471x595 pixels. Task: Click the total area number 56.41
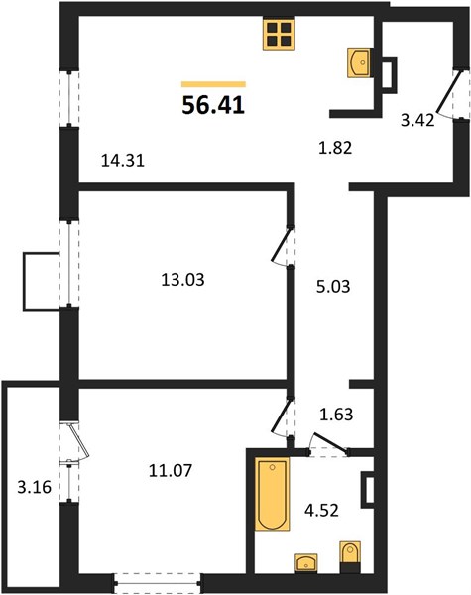(213, 105)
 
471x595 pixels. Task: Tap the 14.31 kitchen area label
(123, 161)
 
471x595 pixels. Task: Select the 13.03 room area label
(182, 280)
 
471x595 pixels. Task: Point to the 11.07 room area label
(171, 471)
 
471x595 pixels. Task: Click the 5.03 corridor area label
(333, 287)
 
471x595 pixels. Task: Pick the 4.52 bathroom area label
(321, 510)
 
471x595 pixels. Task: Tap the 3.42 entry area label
(417, 121)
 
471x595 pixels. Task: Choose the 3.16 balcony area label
(34, 487)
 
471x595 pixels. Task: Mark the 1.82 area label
(335, 148)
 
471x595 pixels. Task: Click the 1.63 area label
(336, 415)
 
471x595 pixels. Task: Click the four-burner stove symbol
(279, 35)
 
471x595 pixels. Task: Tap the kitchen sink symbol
(359, 62)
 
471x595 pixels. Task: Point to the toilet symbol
(350, 557)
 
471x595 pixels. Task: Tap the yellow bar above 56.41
(213, 84)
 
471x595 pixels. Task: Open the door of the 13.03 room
(280, 245)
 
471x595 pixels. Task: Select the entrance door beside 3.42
(449, 94)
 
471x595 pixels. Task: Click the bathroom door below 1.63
(328, 442)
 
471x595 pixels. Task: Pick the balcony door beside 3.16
(78, 442)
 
